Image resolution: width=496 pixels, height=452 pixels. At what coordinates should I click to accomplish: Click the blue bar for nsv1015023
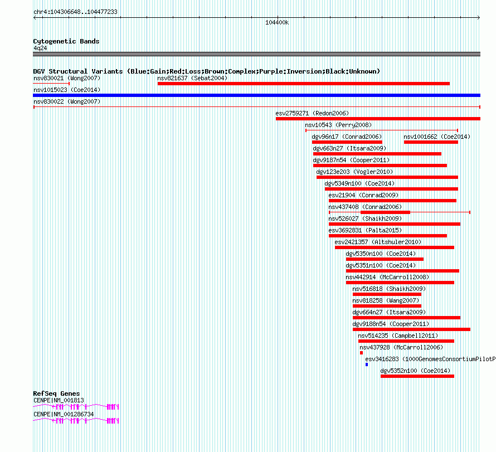256,95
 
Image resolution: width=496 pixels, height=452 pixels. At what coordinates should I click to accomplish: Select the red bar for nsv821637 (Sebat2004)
304,84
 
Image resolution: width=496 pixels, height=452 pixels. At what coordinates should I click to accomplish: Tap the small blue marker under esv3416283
367,364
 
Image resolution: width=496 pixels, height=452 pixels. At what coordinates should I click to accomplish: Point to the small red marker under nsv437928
361,353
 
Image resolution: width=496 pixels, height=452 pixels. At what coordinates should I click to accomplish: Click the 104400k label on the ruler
277,22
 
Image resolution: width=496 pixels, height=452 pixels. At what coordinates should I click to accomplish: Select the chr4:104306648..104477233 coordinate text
75,12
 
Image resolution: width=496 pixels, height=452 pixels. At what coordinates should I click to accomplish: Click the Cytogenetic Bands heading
66,41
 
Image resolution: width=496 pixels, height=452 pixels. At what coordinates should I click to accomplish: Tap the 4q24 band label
40,48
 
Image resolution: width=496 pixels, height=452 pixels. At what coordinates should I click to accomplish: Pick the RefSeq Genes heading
56,393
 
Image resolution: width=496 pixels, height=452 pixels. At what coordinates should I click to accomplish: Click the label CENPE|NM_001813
59,400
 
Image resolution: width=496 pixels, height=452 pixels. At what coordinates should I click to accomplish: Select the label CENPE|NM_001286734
64,414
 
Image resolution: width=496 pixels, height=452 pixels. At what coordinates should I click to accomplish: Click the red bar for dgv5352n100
417,376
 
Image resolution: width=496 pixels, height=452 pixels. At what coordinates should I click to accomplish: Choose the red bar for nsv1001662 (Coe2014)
431,142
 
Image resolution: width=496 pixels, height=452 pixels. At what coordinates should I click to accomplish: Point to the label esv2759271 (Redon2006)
312,113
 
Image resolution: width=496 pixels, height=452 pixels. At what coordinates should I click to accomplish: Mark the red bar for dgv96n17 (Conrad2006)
347,142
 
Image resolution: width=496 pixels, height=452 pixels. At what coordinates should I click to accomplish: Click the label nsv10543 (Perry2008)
338,125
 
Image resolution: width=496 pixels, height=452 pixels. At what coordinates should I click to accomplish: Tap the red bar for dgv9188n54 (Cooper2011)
411,329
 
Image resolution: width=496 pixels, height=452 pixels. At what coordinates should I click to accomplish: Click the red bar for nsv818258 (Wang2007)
387,306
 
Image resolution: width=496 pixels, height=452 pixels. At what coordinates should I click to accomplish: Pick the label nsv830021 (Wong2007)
67,78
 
